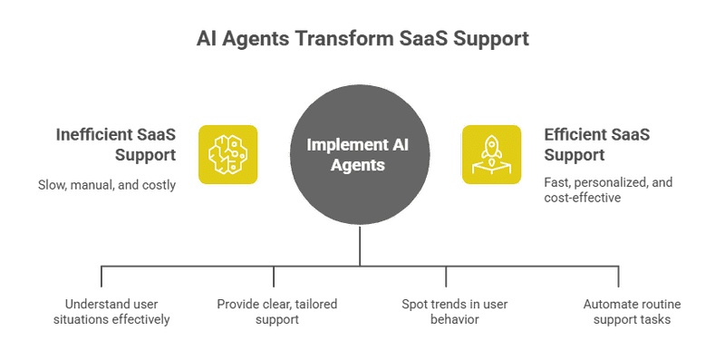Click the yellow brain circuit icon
[x=227, y=153]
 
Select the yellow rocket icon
[x=491, y=153]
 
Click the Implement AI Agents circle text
[x=359, y=154]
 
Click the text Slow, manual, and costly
[x=106, y=185]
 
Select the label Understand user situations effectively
[x=118, y=311]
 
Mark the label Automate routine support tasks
[x=626, y=311]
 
